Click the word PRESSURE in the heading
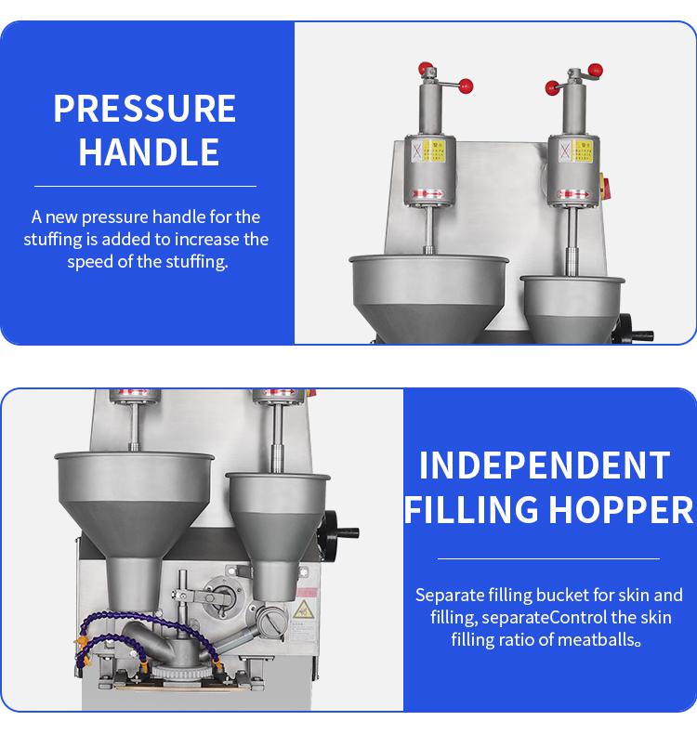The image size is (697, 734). [x=145, y=109]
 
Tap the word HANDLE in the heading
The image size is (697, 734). [x=149, y=152]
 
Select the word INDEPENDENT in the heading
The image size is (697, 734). [x=545, y=465]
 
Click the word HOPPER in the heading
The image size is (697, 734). [x=621, y=509]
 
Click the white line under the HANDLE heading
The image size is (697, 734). [x=145, y=187]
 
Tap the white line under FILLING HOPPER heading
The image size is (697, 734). [x=548, y=558]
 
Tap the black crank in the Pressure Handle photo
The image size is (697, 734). [x=633, y=330]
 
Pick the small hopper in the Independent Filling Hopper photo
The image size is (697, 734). [x=278, y=533]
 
